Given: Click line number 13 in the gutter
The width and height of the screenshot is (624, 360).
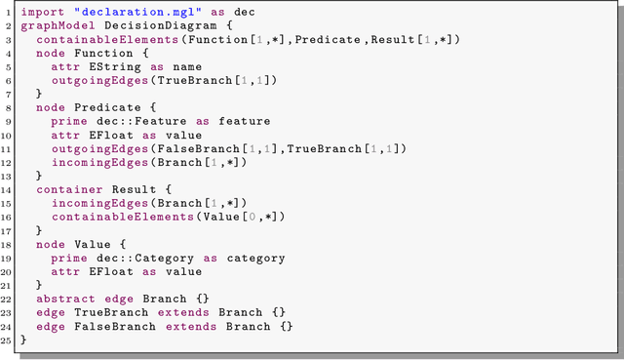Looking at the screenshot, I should click(x=8, y=176).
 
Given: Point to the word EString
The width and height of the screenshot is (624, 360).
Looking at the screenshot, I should click(x=107, y=66).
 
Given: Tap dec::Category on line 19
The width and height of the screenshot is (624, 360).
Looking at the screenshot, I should click(x=138, y=258).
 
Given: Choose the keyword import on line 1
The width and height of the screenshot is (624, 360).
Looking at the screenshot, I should click(x=43, y=13).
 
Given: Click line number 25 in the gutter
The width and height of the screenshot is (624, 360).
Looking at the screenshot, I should click(x=8, y=339).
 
